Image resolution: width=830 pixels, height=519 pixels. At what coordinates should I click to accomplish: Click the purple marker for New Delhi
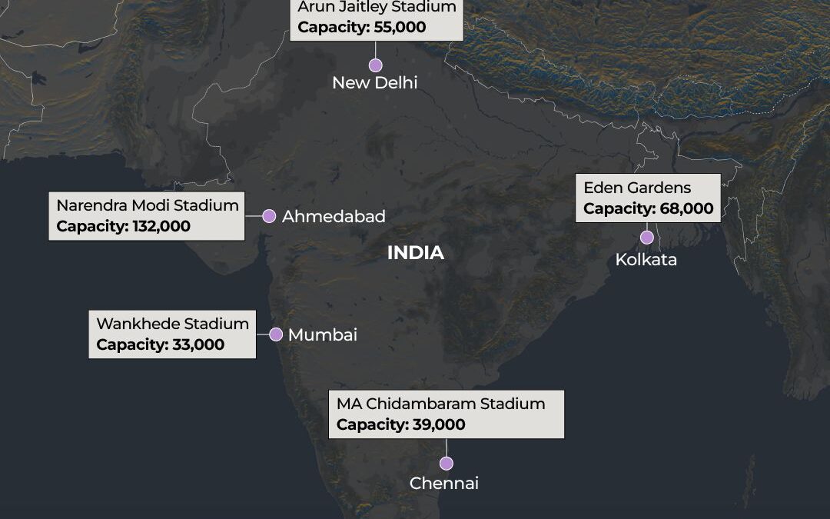coord(375,65)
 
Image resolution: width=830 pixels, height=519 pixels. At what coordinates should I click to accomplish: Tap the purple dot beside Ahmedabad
coord(269,216)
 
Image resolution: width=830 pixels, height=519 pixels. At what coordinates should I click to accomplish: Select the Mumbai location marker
coord(276,334)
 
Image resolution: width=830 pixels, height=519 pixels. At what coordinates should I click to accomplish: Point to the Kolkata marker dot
coord(646,237)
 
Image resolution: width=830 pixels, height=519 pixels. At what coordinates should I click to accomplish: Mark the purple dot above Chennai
coord(446,463)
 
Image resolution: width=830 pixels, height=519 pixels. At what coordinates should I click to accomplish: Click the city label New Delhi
coord(375,83)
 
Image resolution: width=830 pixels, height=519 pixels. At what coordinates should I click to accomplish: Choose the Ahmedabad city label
coord(334,217)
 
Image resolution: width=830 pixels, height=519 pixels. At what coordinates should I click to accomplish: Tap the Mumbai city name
coord(323,335)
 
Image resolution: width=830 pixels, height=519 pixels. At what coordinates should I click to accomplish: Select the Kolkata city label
coord(646,260)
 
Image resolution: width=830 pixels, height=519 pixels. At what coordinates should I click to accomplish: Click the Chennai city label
coord(444,484)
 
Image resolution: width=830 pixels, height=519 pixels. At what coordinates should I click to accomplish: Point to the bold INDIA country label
coord(416,253)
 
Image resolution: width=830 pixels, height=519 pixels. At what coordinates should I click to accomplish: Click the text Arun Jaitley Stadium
coord(377,7)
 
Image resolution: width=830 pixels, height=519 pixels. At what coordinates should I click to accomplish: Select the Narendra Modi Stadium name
coord(148,206)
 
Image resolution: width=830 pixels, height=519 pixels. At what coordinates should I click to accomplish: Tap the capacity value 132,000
coord(157,227)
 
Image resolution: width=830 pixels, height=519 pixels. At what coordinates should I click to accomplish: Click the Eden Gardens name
coord(626,188)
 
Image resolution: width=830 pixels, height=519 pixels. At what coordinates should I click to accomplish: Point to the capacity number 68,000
coord(686,208)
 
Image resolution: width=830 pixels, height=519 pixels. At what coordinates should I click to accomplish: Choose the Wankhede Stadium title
coord(173,324)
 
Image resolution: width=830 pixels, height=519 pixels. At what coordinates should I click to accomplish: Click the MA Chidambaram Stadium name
coord(440,404)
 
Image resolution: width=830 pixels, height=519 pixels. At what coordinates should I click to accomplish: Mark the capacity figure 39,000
coord(438,424)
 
